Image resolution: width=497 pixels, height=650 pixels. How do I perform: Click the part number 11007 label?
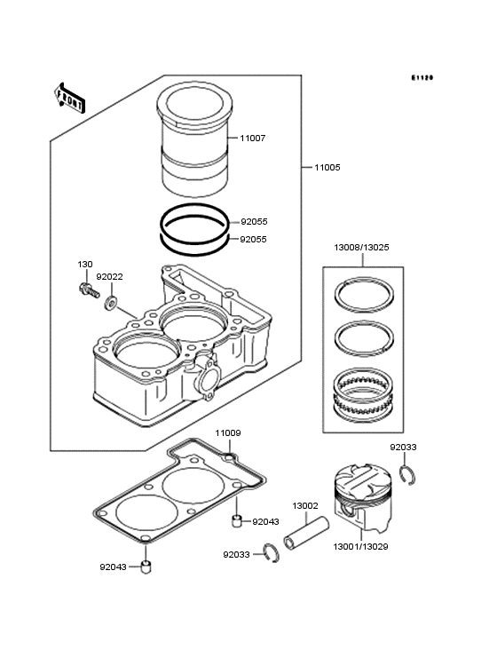(x=253, y=138)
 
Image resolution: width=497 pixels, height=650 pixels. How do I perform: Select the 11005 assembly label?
(x=327, y=168)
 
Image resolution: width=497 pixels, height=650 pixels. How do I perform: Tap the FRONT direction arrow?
(x=69, y=98)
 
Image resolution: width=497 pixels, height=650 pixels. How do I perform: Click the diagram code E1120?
(x=422, y=77)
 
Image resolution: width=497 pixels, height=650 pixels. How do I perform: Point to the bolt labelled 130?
(x=89, y=289)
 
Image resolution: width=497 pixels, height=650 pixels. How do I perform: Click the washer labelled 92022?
(x=111, y=303)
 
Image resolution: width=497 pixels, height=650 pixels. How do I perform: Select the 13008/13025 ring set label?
(x=361, y=248)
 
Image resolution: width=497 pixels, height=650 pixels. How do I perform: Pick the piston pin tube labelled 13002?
(x=306, y=533)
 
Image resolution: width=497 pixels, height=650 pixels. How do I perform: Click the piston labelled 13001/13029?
(x=362, y=498)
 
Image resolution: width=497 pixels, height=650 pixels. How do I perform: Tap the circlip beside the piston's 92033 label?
(x=408, y=475)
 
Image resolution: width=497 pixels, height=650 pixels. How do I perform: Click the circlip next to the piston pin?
(x=272, y=552)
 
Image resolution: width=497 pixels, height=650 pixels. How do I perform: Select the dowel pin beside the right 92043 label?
(x=236, y=520)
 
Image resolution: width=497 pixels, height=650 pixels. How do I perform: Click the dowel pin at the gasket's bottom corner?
(x=146, y=567)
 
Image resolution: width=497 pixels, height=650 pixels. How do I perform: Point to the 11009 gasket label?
(x=228, y=433)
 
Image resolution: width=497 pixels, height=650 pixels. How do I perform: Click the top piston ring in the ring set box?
(x=364, y=294)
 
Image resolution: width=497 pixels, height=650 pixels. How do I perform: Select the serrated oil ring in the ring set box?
(x=364, y=392)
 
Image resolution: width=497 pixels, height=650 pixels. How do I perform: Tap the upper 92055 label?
(x=255, y=222)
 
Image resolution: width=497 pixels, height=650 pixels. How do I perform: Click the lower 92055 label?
(x=254, y=240)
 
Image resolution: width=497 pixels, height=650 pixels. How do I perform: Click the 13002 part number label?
(x=305, y=506)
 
